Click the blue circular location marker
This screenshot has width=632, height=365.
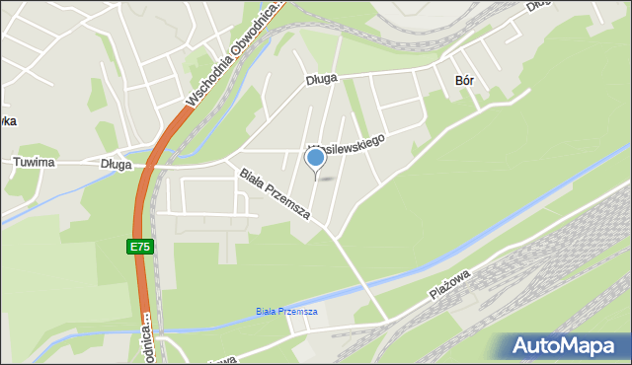click(x=315, y=158)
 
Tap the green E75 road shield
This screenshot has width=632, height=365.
click(x=139, y=247)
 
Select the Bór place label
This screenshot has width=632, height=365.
click(x=464, y=82)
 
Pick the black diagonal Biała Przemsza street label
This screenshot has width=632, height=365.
click(x=275, y=193)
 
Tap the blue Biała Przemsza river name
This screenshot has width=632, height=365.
click(x=286, y=312)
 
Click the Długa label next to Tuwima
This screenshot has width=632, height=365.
click(x=116, y=165)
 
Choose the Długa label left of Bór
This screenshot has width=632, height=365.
click(x=322, y=78)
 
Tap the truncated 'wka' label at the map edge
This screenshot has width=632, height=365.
click(x=6, y=120)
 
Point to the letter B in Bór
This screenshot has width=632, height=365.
click(x=458, y=82)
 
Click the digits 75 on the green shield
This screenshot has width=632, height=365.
click(x=143, y=247)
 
